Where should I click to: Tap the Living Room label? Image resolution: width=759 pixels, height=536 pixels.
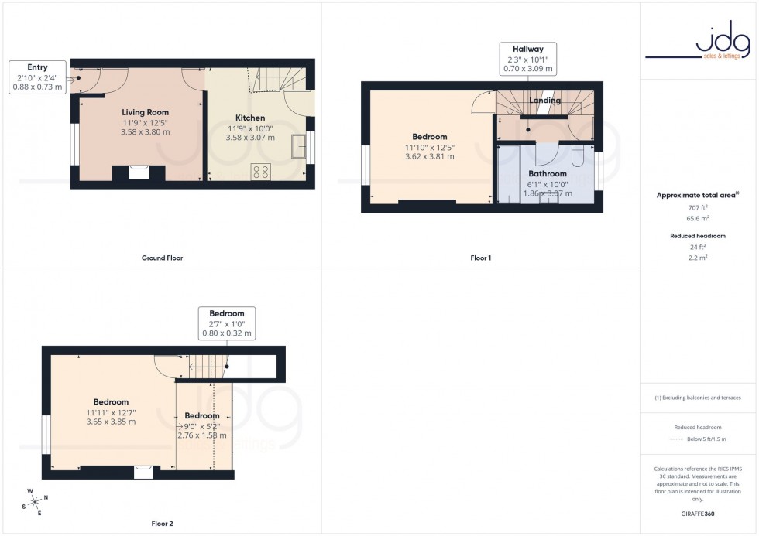[x=145, y=112]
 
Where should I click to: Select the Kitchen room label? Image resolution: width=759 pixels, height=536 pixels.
[x=250, y=118]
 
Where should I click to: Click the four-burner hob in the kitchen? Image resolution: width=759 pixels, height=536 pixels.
[x=261, y=172]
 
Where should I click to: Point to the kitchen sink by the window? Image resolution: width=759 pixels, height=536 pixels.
[x=298, y=147]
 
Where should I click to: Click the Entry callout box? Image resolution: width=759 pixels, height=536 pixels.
[x=36, y=77]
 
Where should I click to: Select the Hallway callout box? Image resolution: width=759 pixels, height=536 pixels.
[x=527, y=59]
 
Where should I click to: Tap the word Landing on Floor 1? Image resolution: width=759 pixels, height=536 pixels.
[x=544, y=101]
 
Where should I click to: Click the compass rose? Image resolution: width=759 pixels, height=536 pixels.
[x=35, y=502]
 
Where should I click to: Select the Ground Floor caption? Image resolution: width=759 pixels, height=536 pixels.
[x=163, y=258]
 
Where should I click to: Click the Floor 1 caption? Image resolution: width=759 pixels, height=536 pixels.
[x=480, y=258]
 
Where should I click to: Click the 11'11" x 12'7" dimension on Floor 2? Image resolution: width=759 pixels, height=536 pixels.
[x=111, y=412]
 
